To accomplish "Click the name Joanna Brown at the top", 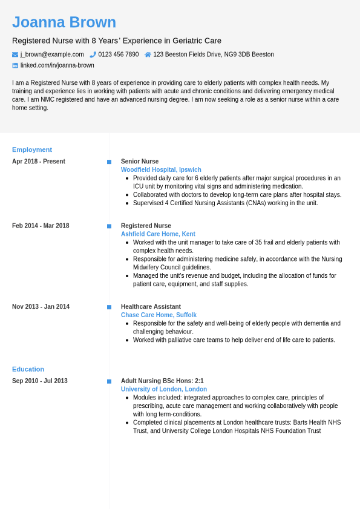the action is coord(64,22).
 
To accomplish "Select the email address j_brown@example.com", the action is coord(52,54).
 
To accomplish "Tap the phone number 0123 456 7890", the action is coord(119,54).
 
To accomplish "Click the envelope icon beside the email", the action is coord(15,54).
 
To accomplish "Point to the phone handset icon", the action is coord(93,54).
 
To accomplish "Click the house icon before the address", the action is coord(148,54).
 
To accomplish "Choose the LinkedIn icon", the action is coord(15,65).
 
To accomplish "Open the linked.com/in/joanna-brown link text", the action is coord(57,65).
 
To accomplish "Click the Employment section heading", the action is coord(32,149).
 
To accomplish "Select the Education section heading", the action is coord(28,369).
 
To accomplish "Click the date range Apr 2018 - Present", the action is coord(39,162).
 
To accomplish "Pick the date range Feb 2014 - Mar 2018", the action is coord(41,226).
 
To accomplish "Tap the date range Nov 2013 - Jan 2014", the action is coord(41,307).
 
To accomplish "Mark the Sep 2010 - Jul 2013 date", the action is coord(40,381).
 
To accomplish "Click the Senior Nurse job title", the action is coord(140,162).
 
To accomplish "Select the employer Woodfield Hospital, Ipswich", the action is coord(161,170).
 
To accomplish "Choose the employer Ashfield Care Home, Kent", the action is coord(158,234).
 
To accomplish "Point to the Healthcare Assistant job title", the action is coord(151,307).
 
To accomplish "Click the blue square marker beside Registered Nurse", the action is coord(110,226).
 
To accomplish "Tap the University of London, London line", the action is coord(164,390).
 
